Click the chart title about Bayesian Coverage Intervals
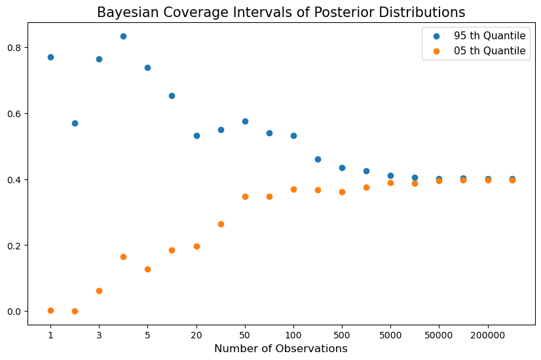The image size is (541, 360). [281, 12]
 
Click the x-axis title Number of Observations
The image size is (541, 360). [281, 349]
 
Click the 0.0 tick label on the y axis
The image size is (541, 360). [14, 312]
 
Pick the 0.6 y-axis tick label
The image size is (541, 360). [14, 114]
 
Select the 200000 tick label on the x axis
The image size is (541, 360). [488, 335]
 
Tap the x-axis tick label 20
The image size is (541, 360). [196, 335]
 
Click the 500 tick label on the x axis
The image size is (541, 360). [342, 335]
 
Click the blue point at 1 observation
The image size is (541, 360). [50, 57]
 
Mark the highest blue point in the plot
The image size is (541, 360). [124, 36]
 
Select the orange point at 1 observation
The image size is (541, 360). [50, 311]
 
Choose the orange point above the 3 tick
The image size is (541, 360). [99, 291]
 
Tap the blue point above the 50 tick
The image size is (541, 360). [246, 121]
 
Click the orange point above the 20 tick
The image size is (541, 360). [196, 247]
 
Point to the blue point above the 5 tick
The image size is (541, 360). [147, 67]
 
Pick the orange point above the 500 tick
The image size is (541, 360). [343, 192]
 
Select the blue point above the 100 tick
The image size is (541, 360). [293, 136]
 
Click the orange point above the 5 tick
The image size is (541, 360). [147, 269]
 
